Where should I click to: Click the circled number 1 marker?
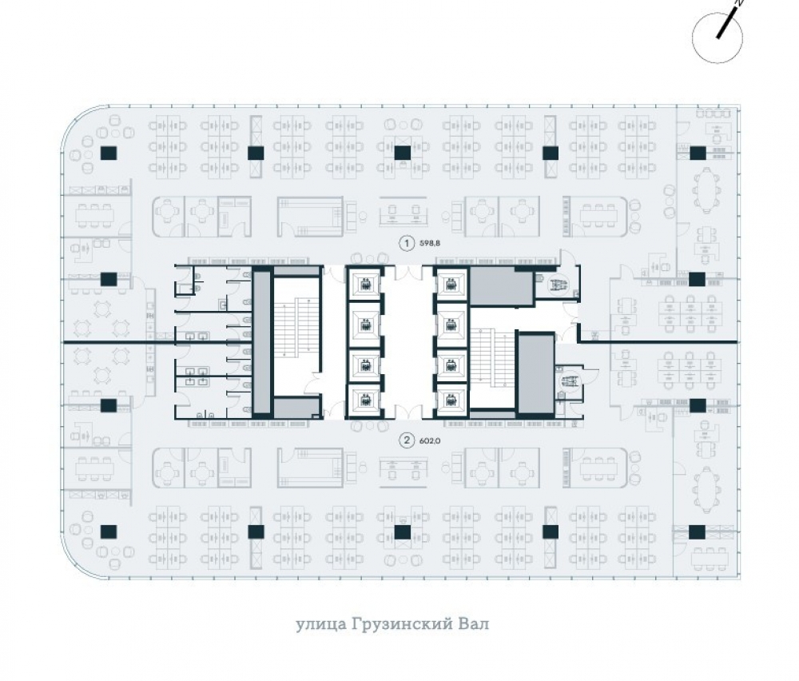[x=407, y=243]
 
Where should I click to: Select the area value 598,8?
[x=430, y=244]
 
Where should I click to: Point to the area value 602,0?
[x=430, y=440]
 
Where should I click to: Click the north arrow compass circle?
[x=717, y=38]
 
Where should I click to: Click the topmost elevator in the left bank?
[x=365, y=284]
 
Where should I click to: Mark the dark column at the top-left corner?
[x=109, y=153]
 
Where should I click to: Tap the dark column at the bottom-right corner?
[x=697, y=532]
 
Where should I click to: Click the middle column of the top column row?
[x=403, y=153]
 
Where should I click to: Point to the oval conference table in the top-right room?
[x=706, y=189]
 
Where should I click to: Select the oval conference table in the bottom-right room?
[x=706, y=489]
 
